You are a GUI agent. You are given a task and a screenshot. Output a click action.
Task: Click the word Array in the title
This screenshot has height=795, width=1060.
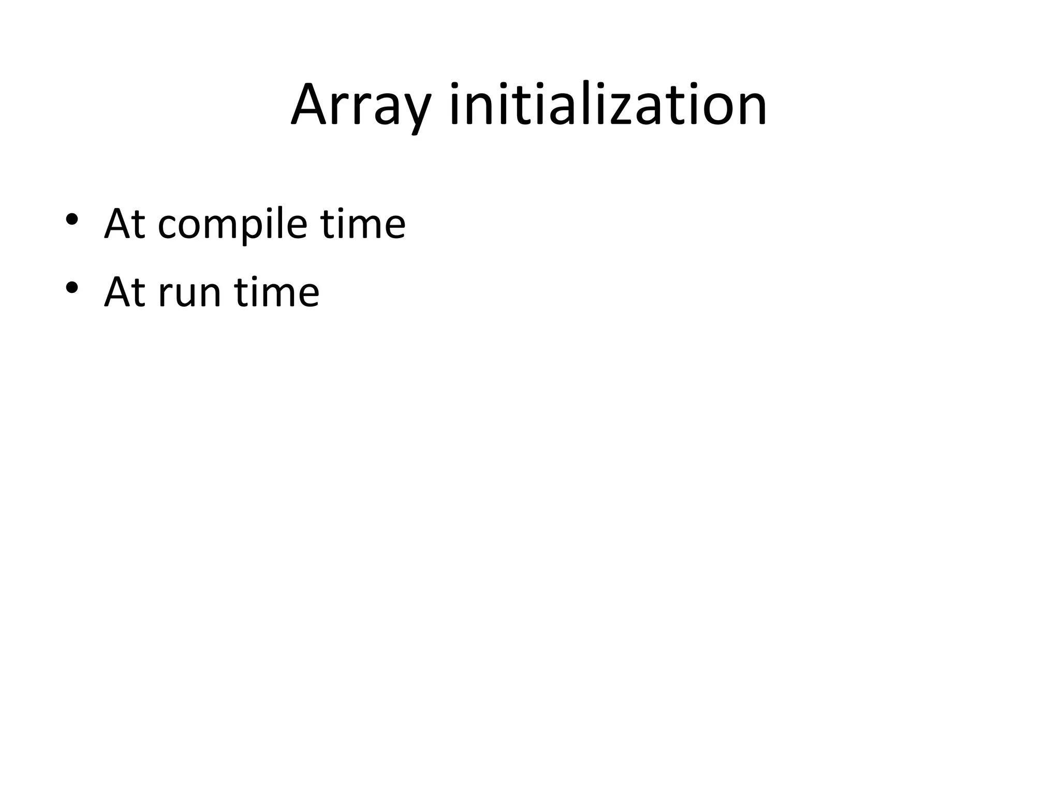coord(360,106)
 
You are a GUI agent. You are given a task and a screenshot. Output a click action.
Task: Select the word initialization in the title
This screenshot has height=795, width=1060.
coord(609,106)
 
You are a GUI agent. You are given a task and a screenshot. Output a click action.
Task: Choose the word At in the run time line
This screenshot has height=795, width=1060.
coord(125,292)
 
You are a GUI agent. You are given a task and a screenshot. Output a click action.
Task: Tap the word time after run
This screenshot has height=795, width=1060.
coord(277,292)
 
